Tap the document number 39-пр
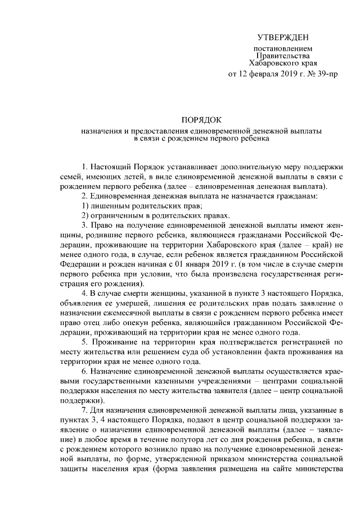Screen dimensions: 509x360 click(327, 74)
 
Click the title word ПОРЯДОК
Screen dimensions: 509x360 click(201, 120)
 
